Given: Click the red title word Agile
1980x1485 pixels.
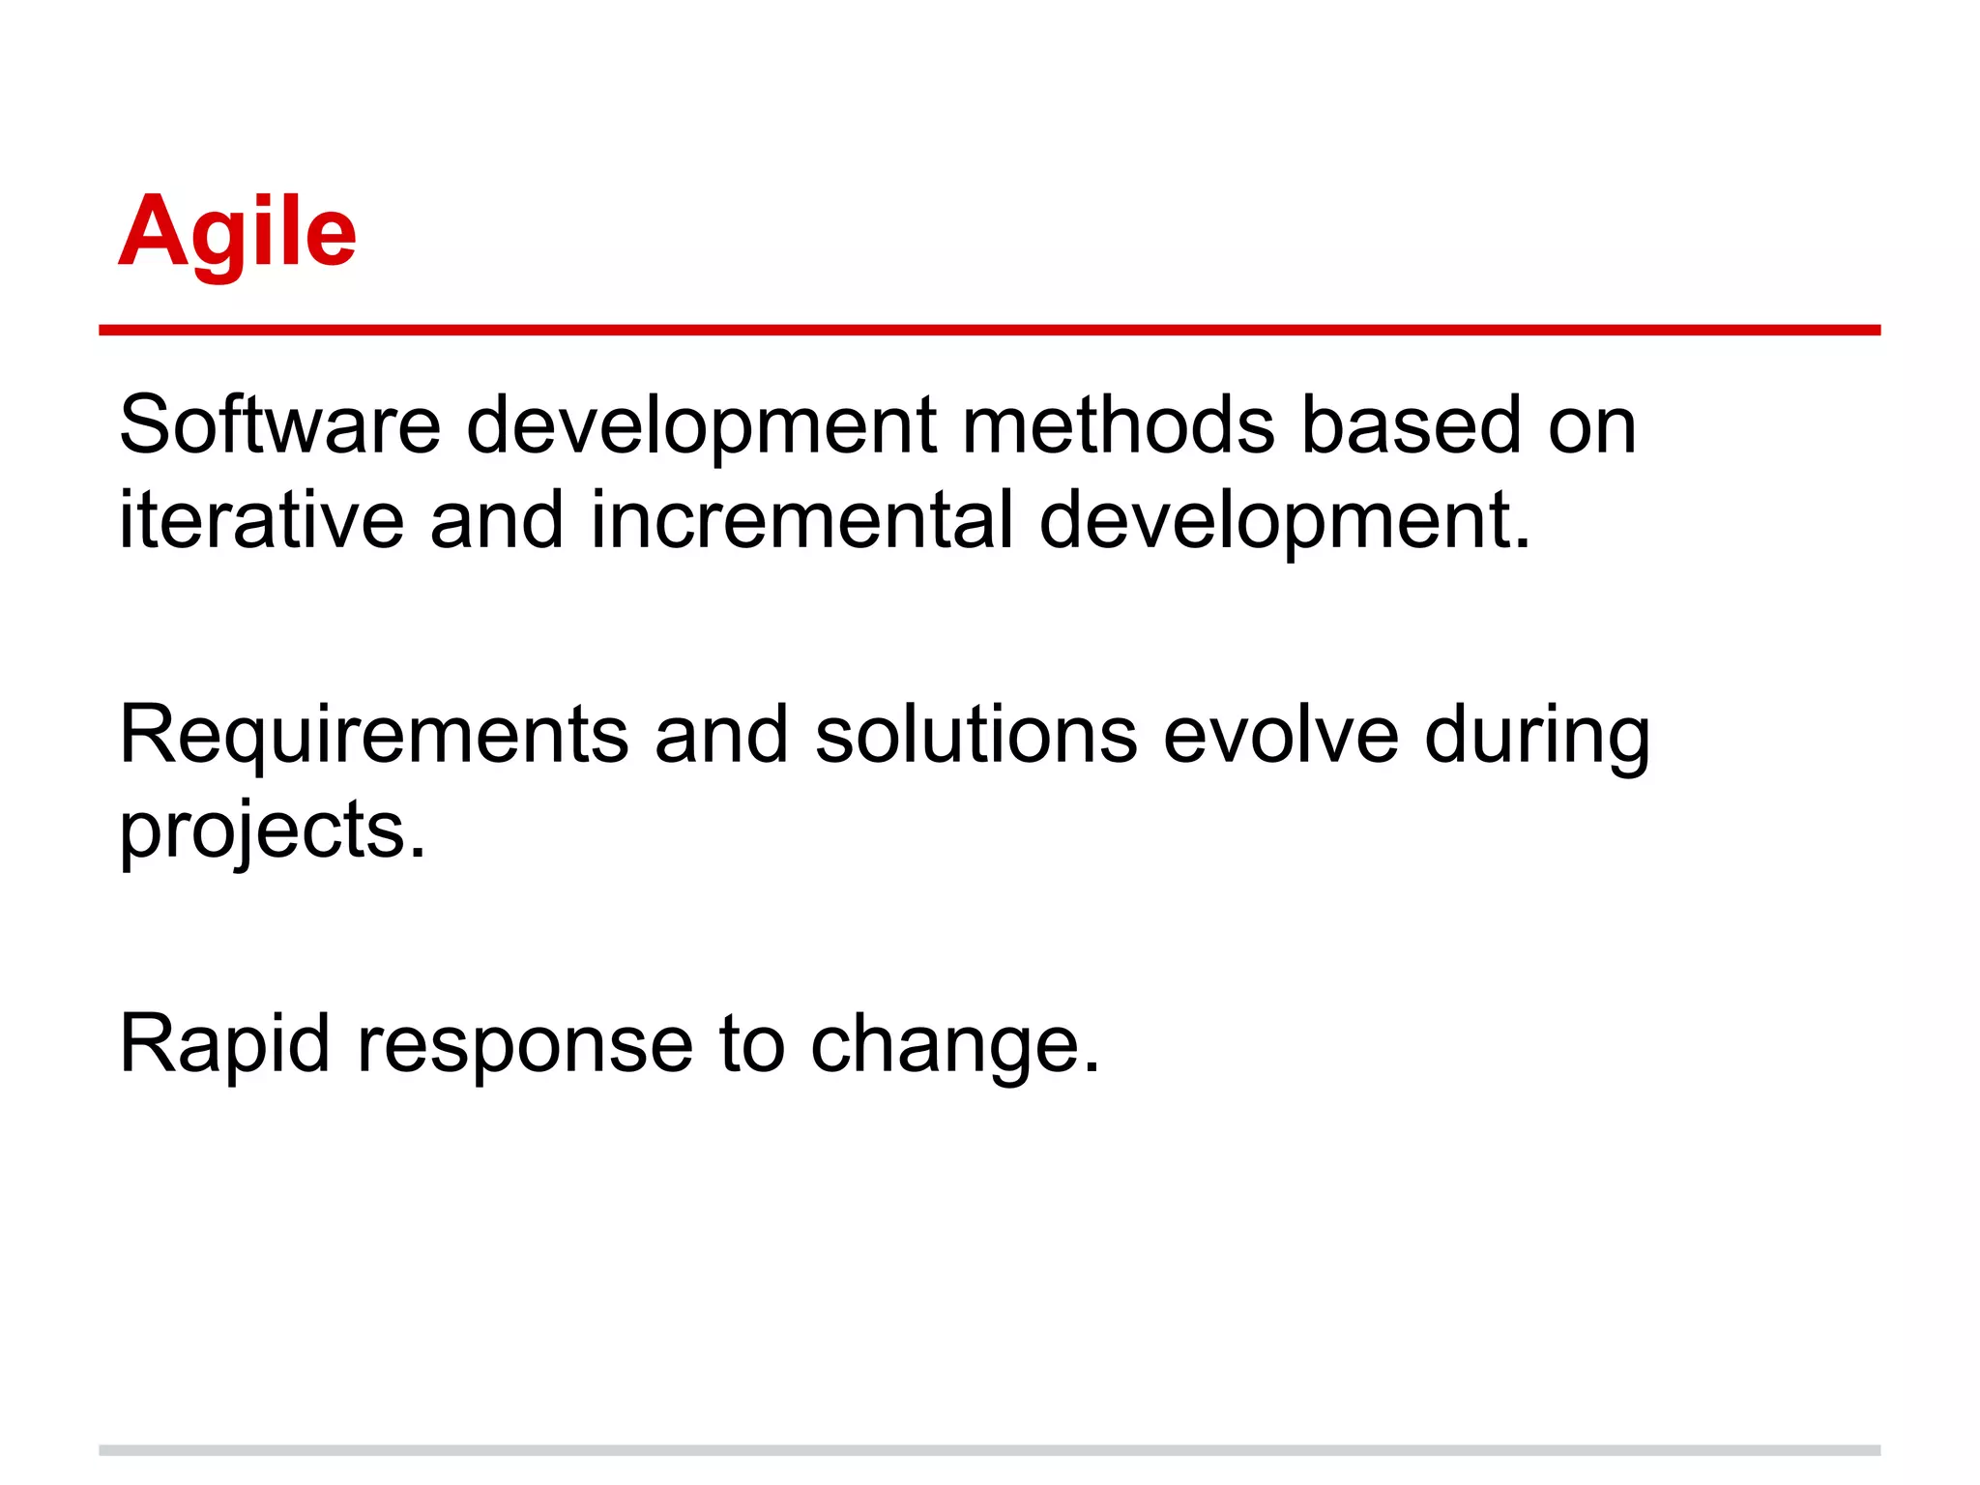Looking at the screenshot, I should point(237,232).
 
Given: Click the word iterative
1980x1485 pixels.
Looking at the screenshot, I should point(261,519).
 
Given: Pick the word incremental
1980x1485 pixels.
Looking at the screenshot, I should point(802,519).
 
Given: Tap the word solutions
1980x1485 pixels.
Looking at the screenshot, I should point(975,735).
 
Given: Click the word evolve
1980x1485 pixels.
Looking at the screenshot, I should point(1280,735).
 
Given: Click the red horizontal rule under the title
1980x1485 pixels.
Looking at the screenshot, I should point(989,331).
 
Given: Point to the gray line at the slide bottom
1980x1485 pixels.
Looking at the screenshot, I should point(989,1450).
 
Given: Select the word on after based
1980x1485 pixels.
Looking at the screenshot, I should point(1591,426).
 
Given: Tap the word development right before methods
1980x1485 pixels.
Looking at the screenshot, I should point(702,426).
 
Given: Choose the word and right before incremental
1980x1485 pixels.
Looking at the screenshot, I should point(496,519).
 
